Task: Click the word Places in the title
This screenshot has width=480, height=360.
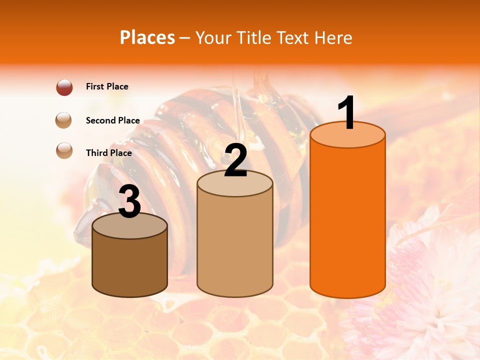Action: pyautogui.click(x=147, y=37)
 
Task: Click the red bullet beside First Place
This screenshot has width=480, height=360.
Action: pyautogui.click(x=64, y=87)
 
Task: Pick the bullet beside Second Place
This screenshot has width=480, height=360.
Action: pyautogui.click(x=64, y=120)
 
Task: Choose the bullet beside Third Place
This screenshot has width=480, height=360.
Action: pyautogui.click(x=64, y=150)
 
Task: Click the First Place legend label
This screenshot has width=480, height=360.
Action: pyautogui.click(x=107, y=86)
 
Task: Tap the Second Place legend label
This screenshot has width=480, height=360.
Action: pyautogui.click(x=112, y=120)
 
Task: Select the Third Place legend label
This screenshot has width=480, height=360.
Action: pyautogui.click(x=109, y=153)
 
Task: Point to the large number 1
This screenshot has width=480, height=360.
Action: pyautogui.click(x=346, y=113)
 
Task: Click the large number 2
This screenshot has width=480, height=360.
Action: pyautogui.click(x=236, y=160)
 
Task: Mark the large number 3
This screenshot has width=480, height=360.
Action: pyautogui.click(x=130, y=201)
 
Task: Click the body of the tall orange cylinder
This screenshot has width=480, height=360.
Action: pyautogui.click(x=347, y=220)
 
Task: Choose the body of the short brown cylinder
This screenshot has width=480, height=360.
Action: pyautogui.click(x=130, y=265)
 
